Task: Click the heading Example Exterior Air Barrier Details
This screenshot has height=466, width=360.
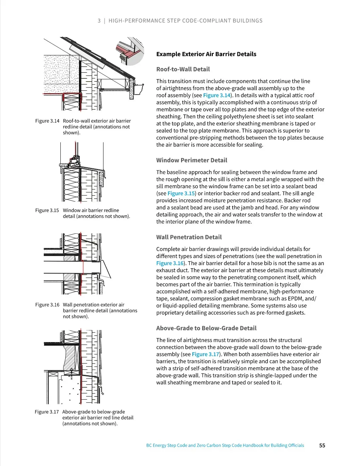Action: pyautogui.click(x=206, y=54)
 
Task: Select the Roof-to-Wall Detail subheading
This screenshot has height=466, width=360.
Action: pyautogui.click(x=183, y=69)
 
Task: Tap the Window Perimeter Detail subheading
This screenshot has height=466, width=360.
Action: pyautogui.click(x=192, y=160)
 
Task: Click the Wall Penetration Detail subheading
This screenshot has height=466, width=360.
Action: pyautogui.click(x=189, y=237)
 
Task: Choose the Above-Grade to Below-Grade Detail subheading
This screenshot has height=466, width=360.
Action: pyautogui.click(x=206, y=328)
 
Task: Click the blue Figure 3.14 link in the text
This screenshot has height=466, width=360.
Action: pyautogui.click(x=217, y=95)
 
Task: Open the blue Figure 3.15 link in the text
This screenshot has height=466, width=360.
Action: pyautogui.click(x=181, y=193)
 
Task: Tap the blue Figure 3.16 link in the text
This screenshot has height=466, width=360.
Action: pyautogui.click(x=170, y=263)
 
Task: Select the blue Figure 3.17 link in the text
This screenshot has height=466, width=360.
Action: pyautogui.click(x=205, y=354)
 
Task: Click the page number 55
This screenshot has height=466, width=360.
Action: pyautogui.click(x=322, y=446)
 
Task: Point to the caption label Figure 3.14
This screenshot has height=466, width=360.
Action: pyautogui.click(x=47, y=121)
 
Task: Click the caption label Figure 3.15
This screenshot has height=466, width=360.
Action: pyautogui.click(x=47, y=210)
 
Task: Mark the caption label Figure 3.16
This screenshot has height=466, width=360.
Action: pyautogui.click(x=47, y=305)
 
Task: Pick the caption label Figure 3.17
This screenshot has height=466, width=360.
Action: pyautogui.click(x=47, y=412)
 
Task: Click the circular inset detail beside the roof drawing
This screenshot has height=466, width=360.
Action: pyautogui.click(x=130, y=51)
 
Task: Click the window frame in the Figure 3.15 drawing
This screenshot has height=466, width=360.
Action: pyautogui.click(x=74, y=162)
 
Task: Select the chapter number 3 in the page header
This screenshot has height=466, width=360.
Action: pyautogui.click(x=99, y=21)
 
